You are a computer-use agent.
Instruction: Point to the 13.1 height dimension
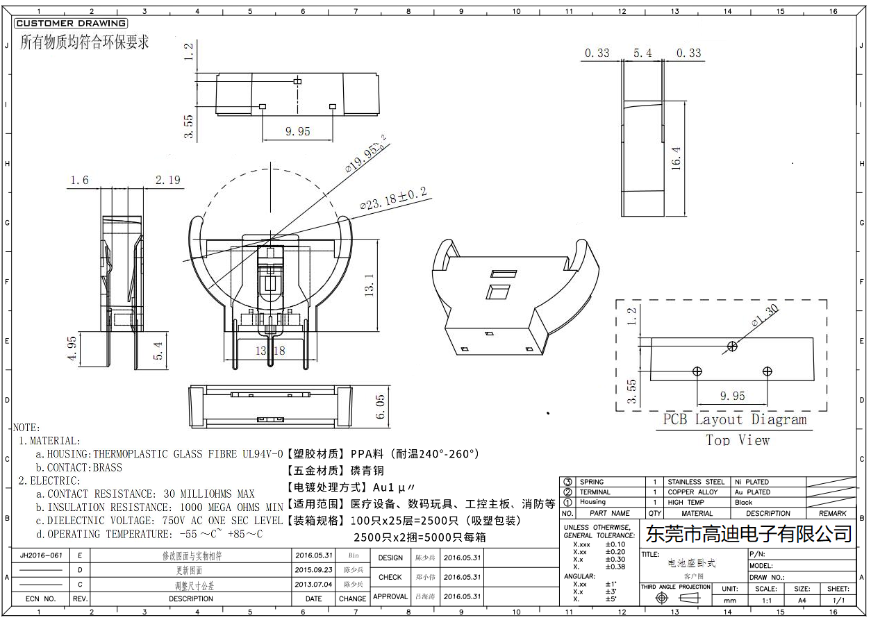click(369, 285)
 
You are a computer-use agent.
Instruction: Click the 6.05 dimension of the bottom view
click(380, 406)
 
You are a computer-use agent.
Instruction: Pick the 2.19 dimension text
click(167, 180)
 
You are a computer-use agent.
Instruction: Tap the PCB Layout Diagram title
click(734, 419)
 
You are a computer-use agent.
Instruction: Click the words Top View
click(738, 439)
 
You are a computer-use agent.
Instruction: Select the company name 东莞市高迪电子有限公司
click(749, 534)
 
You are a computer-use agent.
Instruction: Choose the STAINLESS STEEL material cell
click(695, 482)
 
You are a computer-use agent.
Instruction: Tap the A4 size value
click(802, 600)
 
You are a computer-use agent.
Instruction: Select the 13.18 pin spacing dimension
click(269, 351)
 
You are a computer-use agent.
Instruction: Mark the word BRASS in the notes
click(107, 467)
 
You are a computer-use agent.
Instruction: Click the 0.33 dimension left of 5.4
click(597, 53)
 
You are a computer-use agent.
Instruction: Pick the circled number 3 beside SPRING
click(567, 482)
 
